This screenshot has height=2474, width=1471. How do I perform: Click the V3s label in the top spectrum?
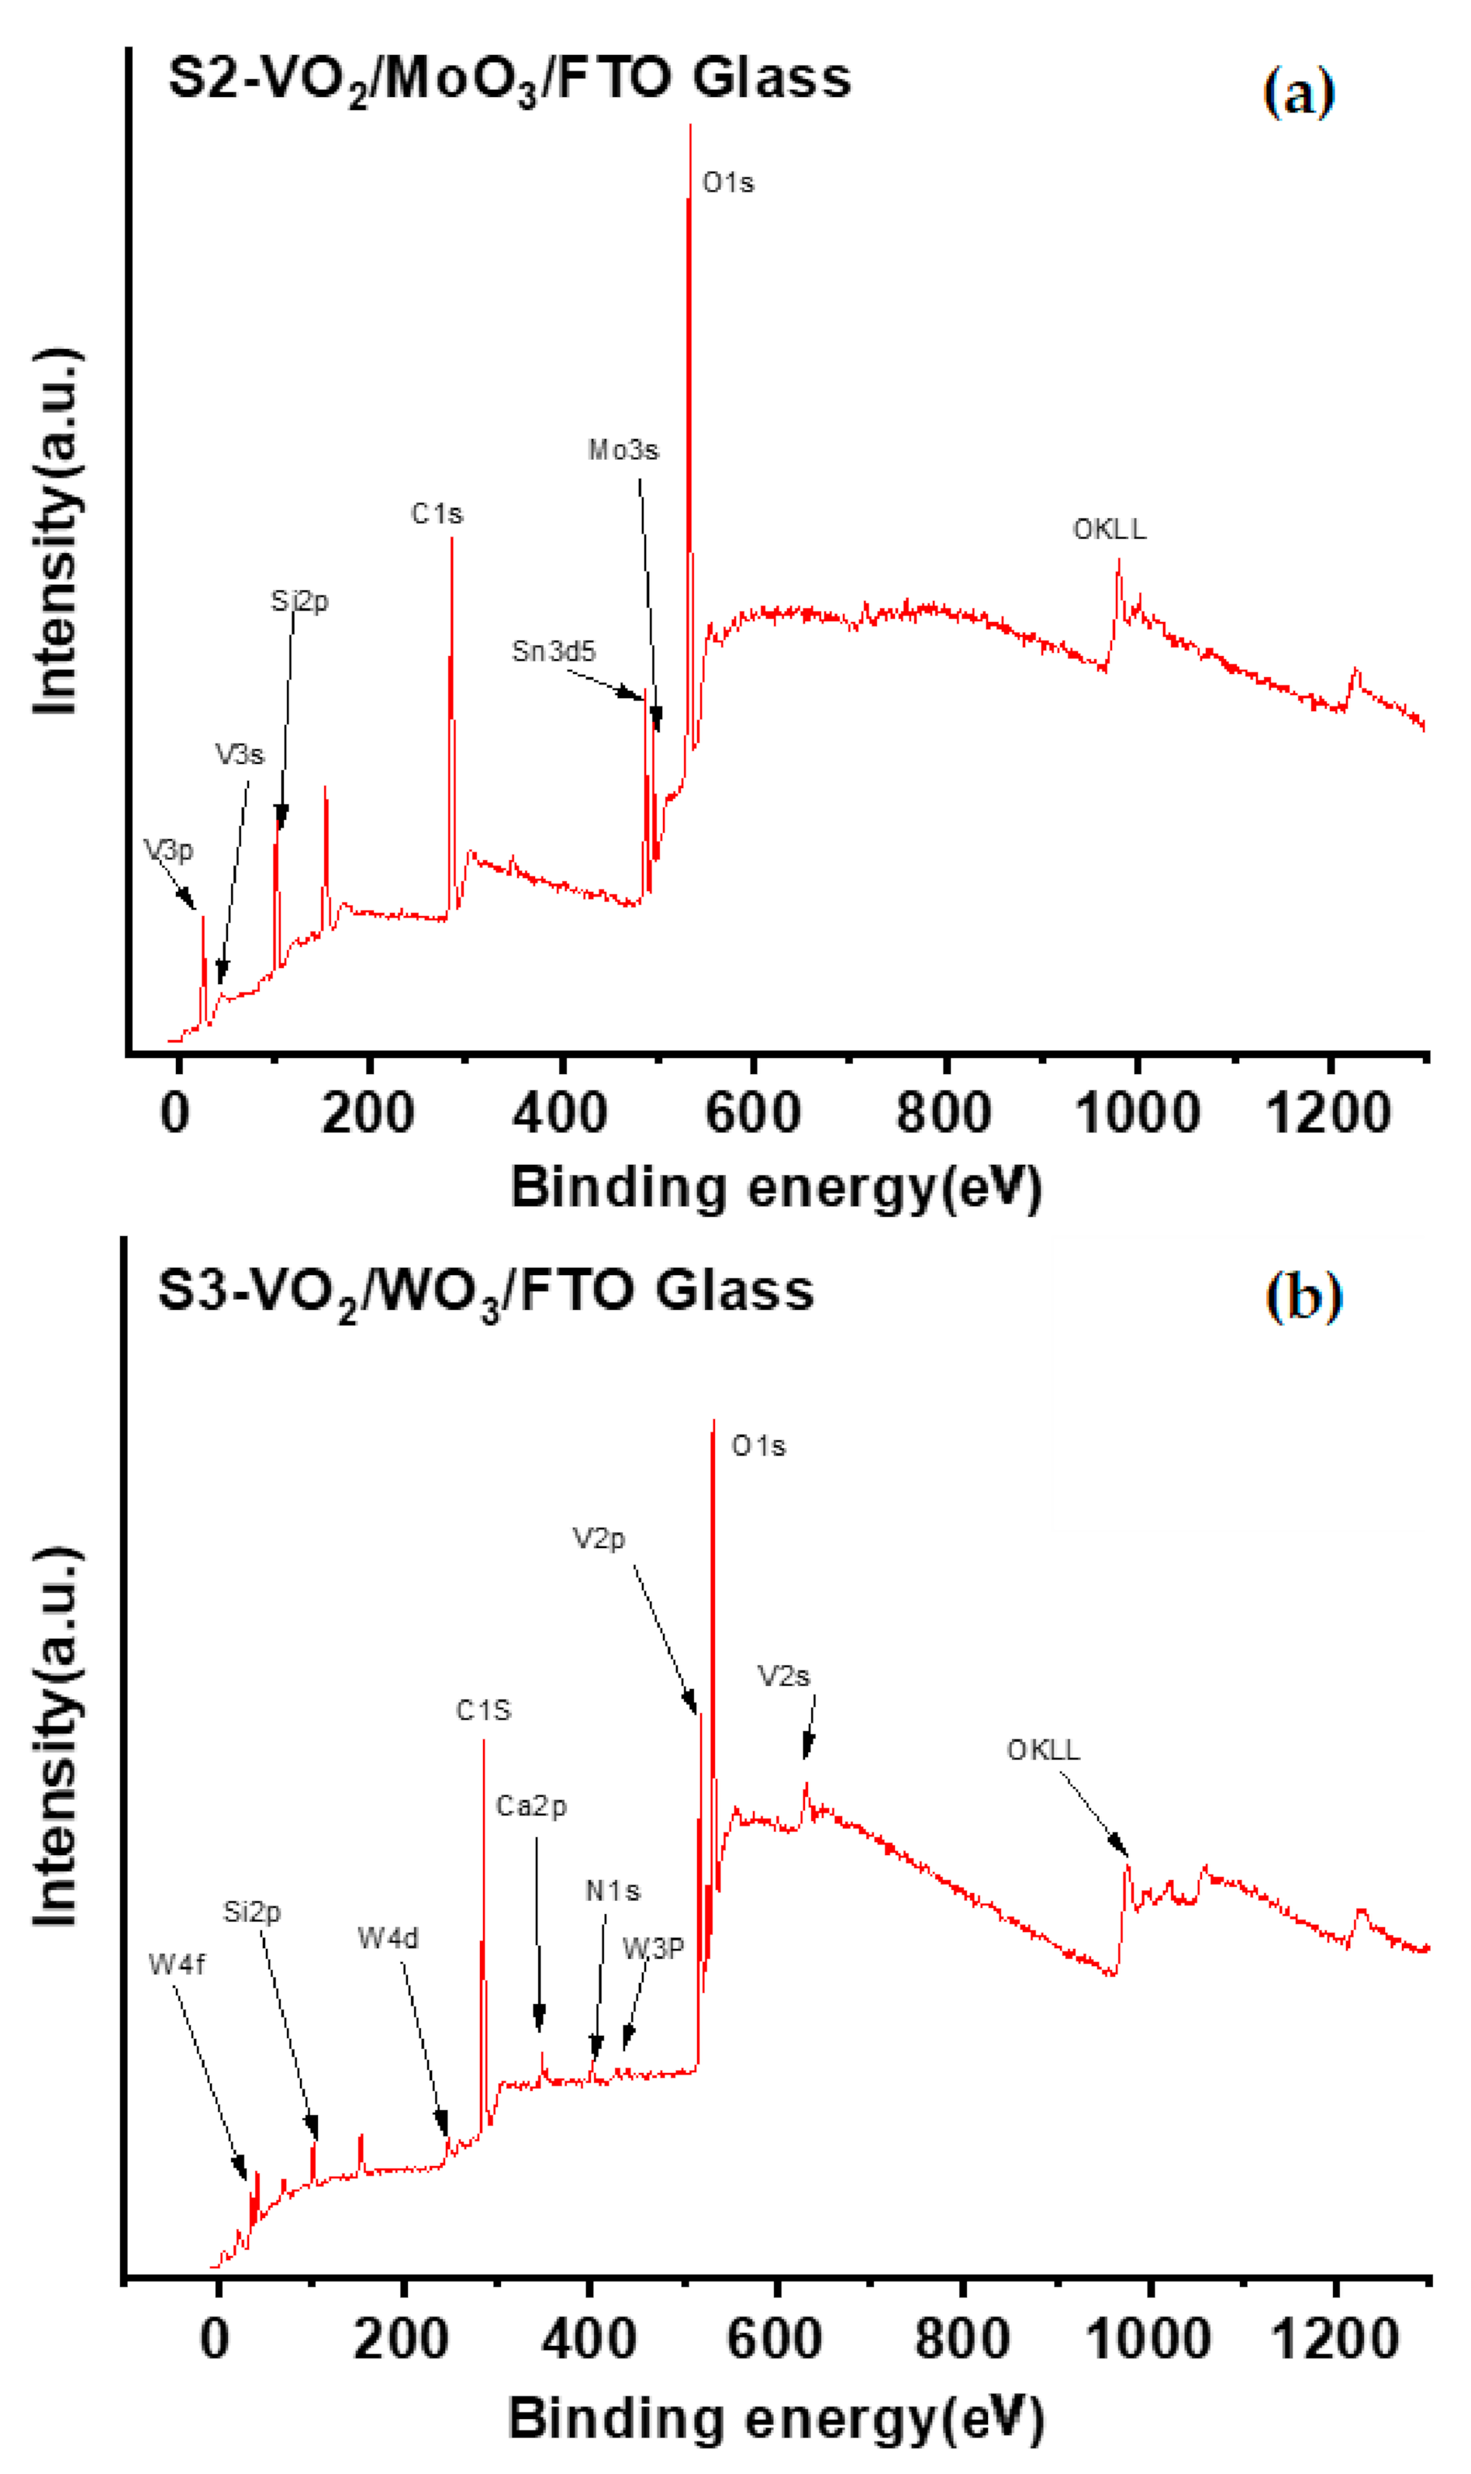(x=239, y=755)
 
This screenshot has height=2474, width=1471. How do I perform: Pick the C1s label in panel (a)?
(x=437, y=513)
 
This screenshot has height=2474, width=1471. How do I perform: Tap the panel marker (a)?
(x=1299, y=93)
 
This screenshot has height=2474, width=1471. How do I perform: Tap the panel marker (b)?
(x=1304, y=1297)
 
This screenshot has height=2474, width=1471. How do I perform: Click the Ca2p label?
(x=531, y=1806)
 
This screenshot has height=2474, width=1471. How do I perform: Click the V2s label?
(x=784, y=1676)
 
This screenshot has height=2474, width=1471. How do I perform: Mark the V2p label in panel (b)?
(x=599, y=1539)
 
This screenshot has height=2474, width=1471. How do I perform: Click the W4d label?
(x=388, y=1938)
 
